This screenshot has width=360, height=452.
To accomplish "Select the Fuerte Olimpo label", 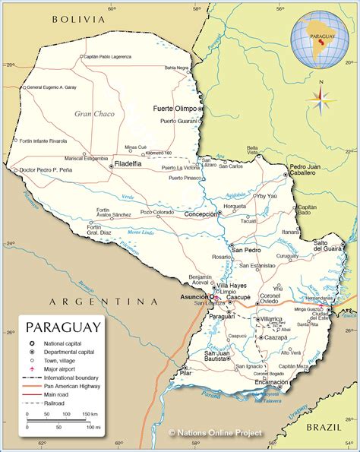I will pyautogui.click(x=175, y=109).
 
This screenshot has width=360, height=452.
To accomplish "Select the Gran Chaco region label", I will pyautogui.click(x=93, y=113).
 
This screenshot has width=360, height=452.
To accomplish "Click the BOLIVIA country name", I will pyautogui.click(x=76, y=21).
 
